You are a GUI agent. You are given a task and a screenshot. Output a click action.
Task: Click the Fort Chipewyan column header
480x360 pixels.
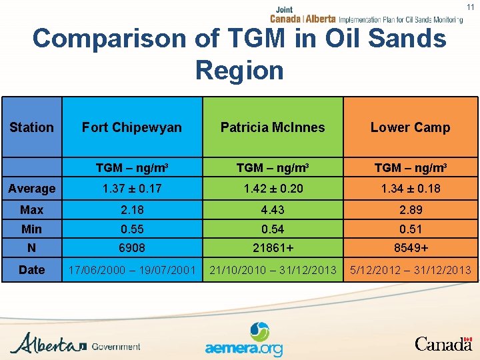click(x=131, y=127)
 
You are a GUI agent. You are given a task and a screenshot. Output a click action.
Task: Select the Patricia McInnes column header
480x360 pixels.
click(x=273, y=127)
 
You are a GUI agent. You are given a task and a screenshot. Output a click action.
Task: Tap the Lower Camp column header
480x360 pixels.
click(x=410, y=127)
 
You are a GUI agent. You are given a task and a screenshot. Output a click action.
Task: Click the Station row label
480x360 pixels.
click(x=31, y=127)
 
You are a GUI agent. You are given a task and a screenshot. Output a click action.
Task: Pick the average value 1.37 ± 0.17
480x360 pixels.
click(x=131, y=189)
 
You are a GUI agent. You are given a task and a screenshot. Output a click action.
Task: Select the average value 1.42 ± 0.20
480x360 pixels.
click(x=273, y=189)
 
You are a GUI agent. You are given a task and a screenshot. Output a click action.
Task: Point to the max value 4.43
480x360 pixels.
click(x=273, y=210)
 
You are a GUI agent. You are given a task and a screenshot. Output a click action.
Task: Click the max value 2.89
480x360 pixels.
click(x=410, y=210)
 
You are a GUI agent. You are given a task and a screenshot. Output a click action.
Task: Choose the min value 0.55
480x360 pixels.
click(x=131, y=229)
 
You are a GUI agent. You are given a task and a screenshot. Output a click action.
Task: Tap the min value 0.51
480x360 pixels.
click(x=410, y=229)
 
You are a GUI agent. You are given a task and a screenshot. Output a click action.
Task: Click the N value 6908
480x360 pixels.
click(x=131, y=249)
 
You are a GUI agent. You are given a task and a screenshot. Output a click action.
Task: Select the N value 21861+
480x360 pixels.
click(x=273, y=249)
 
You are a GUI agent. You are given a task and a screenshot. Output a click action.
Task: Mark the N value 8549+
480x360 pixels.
click(x=410, y=249)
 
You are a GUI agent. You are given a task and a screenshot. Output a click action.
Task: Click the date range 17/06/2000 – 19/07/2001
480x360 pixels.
click(x=131, y=270)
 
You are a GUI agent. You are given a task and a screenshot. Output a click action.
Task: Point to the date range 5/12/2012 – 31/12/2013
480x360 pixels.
click(x=410, y=270)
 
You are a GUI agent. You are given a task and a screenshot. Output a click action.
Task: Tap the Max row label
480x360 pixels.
click(x=31, y=210)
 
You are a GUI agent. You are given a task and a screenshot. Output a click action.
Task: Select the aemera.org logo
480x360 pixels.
click(x=244, y=340)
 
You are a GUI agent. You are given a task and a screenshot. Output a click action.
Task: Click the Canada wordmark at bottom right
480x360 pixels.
click(x=443, y=343)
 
